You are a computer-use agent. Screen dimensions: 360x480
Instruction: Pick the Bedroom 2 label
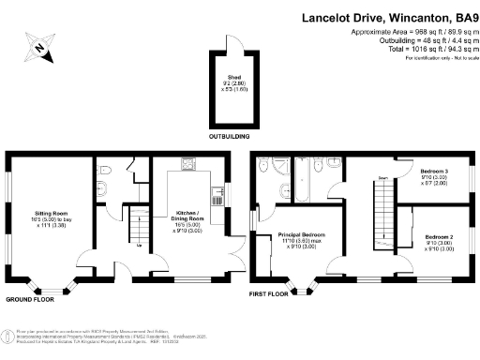pos(439,242)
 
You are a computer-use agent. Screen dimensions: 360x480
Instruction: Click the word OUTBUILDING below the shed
pos(228,137)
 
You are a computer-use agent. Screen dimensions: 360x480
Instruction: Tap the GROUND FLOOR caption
pos(30,300)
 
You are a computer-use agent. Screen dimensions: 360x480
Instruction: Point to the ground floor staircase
pos(139,226)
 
